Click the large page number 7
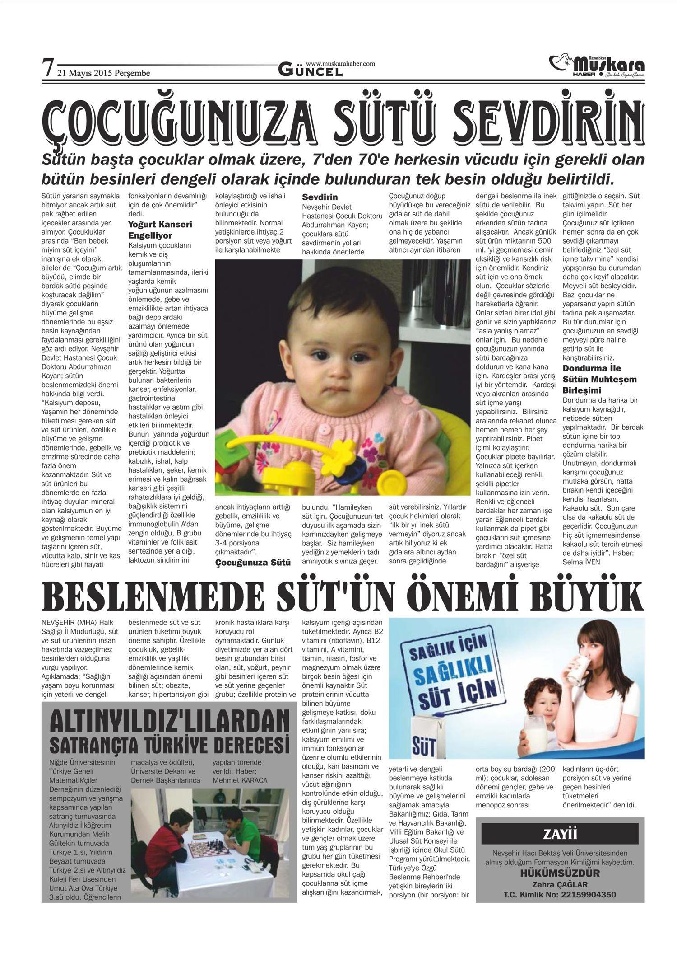(x=48, y=68)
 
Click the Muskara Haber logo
(x=597, y=66)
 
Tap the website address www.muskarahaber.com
(x=340, y=64)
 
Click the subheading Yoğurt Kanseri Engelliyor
(x=160, y=230)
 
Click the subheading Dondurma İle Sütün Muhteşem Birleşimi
(x=599, y=379)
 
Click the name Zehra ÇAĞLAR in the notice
(x=560, y=884)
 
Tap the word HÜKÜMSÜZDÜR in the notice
(x=560, y=873)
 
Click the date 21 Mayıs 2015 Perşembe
(x=104, y=73)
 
